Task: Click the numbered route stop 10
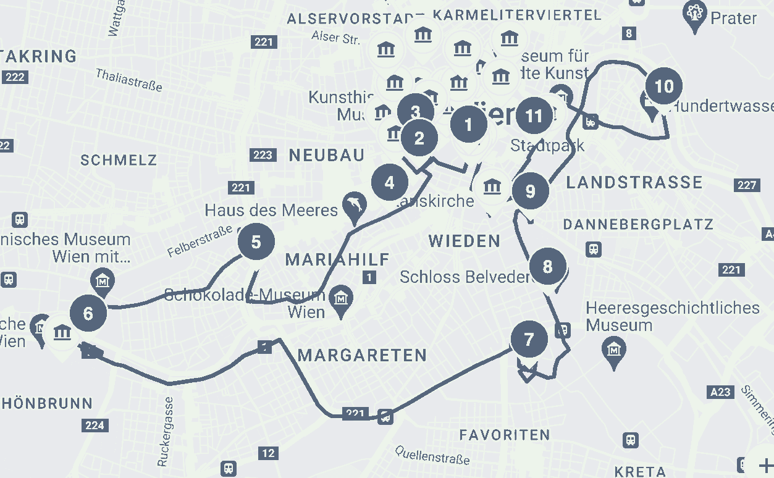tap(663, 86)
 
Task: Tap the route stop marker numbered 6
tap(88, 313)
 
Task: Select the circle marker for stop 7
tap(529, 339)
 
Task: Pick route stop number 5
tap(256, 242)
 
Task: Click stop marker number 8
tap(547, 267)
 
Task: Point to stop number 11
tap(534, 115)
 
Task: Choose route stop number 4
tap(389, 183)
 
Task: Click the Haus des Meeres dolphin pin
tap(355, 207)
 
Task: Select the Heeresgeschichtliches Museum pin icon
tap(614, 351)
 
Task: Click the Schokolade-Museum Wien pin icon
tap(340, 298)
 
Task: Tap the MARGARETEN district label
tap(362, 355)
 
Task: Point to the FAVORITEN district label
tap(504, 435)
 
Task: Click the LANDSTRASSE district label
tap(634, 182)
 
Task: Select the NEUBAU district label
tap(326, 155)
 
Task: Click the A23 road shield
tap(720, 392)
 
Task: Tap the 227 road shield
tap(747, 185)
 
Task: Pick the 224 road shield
tap(95, 425)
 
